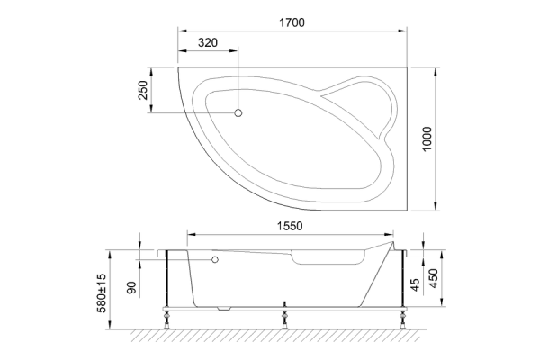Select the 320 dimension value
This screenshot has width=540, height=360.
[209, 43]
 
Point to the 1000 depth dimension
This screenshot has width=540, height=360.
[428, 139]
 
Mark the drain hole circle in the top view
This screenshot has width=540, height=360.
[239, 112]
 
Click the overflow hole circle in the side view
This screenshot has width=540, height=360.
[215, 260]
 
